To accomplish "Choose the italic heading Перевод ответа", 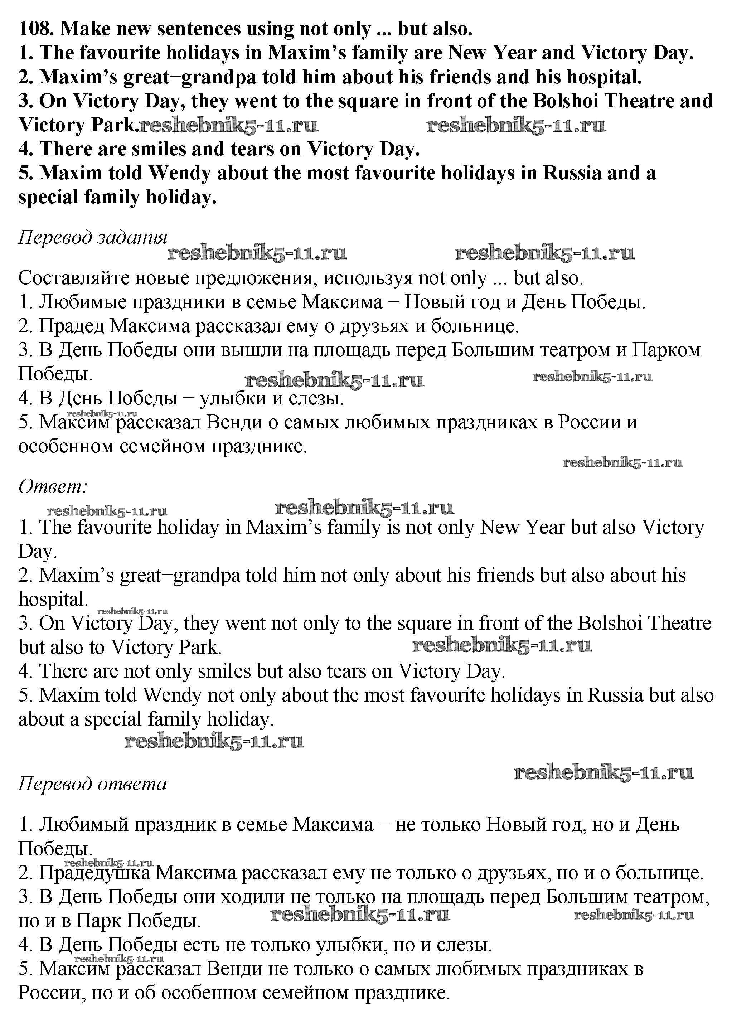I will pos(92,784).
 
